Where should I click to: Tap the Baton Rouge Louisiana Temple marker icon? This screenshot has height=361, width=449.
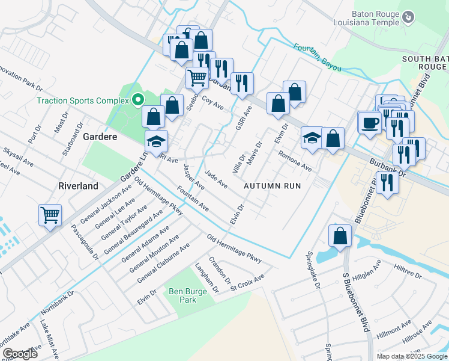[x=408, y=17]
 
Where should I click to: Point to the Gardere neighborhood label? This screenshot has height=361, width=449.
[x=100, y=137]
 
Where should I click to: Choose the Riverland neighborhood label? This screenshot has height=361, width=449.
[x=78, y=186]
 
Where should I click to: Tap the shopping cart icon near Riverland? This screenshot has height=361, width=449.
[x=50, y=214]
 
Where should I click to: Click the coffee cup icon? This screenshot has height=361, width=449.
[x=369, y=122]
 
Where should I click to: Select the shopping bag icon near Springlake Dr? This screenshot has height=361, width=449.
[x=340, y=236]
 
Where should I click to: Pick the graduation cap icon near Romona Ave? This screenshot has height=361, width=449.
[x=312, y=138]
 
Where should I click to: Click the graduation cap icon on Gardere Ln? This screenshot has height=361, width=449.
[x=156, y=141]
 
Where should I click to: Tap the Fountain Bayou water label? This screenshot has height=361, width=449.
[x=318, y=57]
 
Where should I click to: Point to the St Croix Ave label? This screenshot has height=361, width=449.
[x=247, y=282]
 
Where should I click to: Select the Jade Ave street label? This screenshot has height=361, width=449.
[x=216, y=179]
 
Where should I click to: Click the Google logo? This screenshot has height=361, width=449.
[x=20, y=354]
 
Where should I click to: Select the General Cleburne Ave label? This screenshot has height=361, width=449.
[x=163, y=263]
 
